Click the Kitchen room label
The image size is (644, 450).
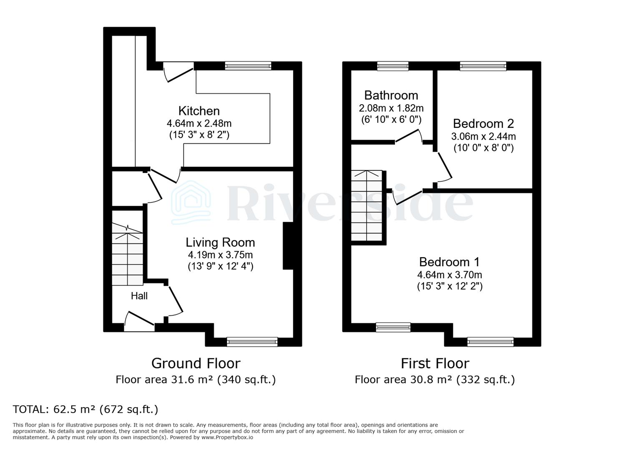[x=199, y=111]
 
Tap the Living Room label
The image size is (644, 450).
[x=220, y=242]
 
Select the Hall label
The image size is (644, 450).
[x=139, y=296]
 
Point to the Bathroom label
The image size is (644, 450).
[x=391, y=95]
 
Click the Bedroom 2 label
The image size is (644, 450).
[x=483, y=124]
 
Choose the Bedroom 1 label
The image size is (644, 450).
[x=449, y=262]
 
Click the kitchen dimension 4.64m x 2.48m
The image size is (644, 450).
[x=199, y=123]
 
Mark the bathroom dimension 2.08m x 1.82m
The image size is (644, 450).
[x=391, y=108]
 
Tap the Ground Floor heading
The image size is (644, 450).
[x=196, y=363]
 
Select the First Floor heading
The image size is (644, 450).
[x=435, y=363]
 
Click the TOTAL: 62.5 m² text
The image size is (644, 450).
[x=86, y=409]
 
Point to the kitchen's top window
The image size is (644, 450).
[x=248, y=66]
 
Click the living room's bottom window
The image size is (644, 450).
[x=252, y=342]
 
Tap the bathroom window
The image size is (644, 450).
[x=392, y=66]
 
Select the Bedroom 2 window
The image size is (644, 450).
[x=483, y=66]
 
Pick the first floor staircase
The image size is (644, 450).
[x=367, y=206]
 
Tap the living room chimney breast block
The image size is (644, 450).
[x=288, y=246]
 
